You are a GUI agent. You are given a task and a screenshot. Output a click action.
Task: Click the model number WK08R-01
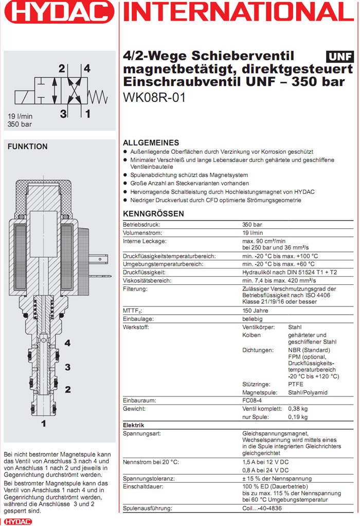click(x=154, y=97)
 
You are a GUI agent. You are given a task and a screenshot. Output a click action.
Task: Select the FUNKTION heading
click(x=27, y=147)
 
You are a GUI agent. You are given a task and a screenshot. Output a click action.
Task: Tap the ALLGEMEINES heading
click(x=151, y=143)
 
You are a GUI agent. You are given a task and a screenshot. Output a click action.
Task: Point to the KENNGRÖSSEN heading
click(x=153, y=214)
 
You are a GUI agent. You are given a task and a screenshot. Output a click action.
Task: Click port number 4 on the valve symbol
click(x=87, y=68)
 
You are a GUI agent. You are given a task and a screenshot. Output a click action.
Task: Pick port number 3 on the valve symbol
click(x=63, y=114)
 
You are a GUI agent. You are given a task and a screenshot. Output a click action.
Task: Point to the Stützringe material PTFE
click(x=296, y=384)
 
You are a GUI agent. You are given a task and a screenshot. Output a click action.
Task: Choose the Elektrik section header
click(x=134, y=425)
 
